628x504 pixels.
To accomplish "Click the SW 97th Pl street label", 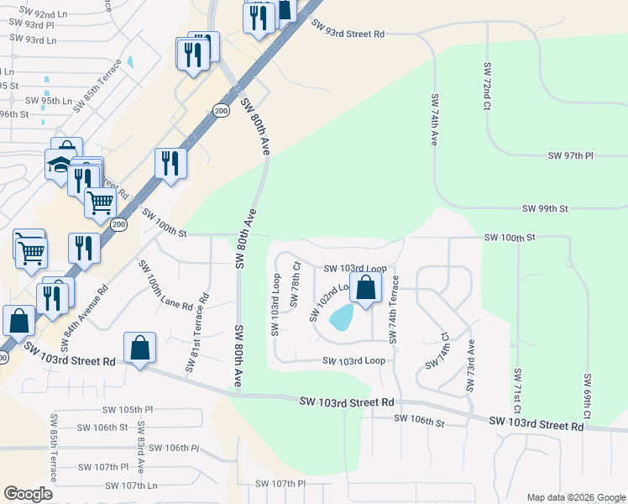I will coord(570,156).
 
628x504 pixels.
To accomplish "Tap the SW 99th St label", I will coord(545,208).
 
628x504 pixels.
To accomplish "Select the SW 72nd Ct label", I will coord(486,85).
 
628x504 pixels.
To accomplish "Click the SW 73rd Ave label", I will coord(471,366).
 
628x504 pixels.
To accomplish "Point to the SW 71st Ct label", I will coord(517,395).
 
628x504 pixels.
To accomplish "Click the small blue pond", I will coord(341,317).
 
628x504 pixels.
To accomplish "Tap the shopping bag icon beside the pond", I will coord(366,287).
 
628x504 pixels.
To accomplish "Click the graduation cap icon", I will coord(60,164).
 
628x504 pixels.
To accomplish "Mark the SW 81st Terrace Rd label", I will coord(196,332).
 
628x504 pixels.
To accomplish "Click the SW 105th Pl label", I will coord(128,410).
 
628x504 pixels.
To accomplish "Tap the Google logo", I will coord(28,494).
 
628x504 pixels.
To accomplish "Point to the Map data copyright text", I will coord(575,497).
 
